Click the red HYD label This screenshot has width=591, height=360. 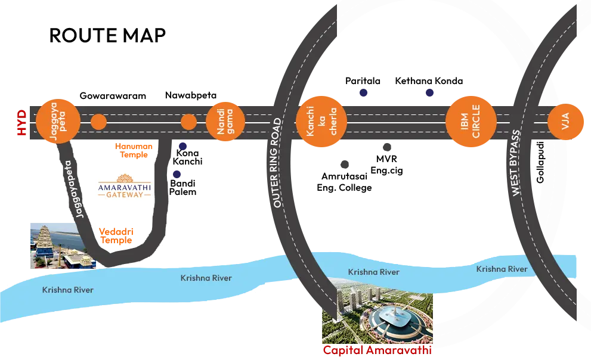coord(22,123)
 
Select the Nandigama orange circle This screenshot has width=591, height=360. coord(225,123)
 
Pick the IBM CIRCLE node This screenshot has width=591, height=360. coord(471,123)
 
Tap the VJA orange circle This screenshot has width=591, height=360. coord(564,123)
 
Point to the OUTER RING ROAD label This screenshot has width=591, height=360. coord(277,163)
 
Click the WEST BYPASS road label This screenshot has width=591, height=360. coord(516,163)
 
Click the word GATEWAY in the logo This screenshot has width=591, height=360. coord(125,195)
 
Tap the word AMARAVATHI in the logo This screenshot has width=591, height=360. coord(125,186)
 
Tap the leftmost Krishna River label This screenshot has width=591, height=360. coord(67,290)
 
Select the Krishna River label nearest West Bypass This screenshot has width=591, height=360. coord(502,269)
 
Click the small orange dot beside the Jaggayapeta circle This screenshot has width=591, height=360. coord(98,123)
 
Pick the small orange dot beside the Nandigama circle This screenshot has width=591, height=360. coord(188,123)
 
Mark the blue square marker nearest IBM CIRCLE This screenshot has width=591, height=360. coord(429,93)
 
